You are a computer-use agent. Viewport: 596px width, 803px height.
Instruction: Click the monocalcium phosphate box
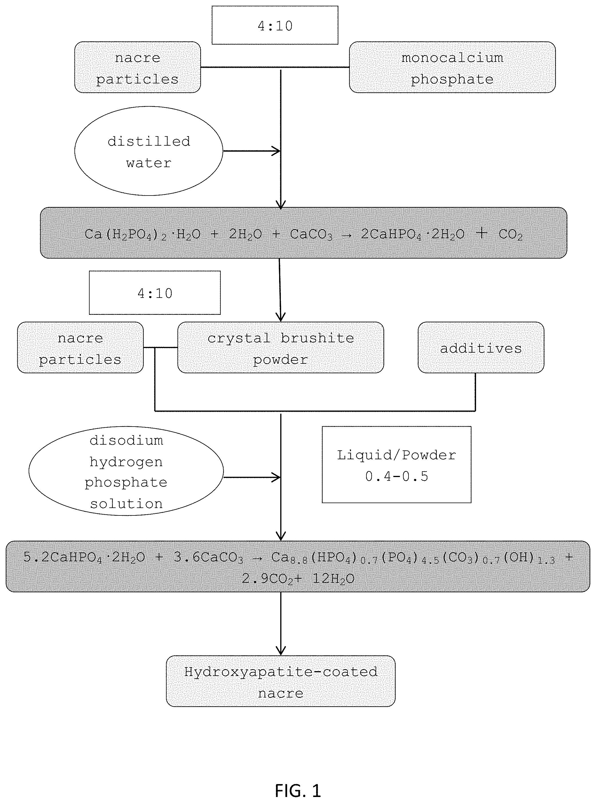tap(452, 67)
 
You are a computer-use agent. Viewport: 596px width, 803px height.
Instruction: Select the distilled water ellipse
tap(149, 151)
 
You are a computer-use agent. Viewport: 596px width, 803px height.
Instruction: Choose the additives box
tap(481, 347)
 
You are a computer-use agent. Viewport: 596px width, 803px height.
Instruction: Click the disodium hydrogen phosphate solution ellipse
tap(126, 471)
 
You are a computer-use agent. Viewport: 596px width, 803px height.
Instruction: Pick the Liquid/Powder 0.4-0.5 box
tap(396, 464)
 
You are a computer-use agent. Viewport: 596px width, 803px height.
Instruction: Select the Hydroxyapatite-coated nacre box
tap(281, 681)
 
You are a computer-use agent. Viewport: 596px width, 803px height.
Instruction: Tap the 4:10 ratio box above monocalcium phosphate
tap(275, 25)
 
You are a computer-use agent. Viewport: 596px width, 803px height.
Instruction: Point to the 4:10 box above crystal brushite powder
tap(155, 293)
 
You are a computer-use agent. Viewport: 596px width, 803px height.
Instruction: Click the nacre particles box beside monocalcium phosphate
tap(137, 67)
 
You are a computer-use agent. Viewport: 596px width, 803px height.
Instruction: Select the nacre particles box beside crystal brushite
tap(80, 347)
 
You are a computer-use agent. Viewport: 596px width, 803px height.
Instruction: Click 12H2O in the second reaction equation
tap(333, 579)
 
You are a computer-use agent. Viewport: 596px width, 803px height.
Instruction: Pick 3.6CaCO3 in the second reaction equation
tap(208, 558)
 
